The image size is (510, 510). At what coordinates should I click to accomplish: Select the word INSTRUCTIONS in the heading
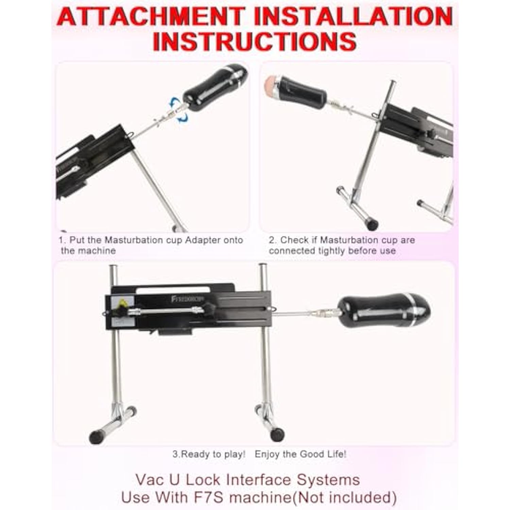(x=255, y=41)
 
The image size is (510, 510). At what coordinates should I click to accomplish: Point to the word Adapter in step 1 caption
(x=203, y=240)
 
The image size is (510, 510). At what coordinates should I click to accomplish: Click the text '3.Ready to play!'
(x=209, y=454)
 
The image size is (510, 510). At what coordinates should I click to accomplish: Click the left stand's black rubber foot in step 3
(x=96, y=437)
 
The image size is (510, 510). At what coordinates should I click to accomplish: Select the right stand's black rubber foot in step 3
(x=277, y=434)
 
